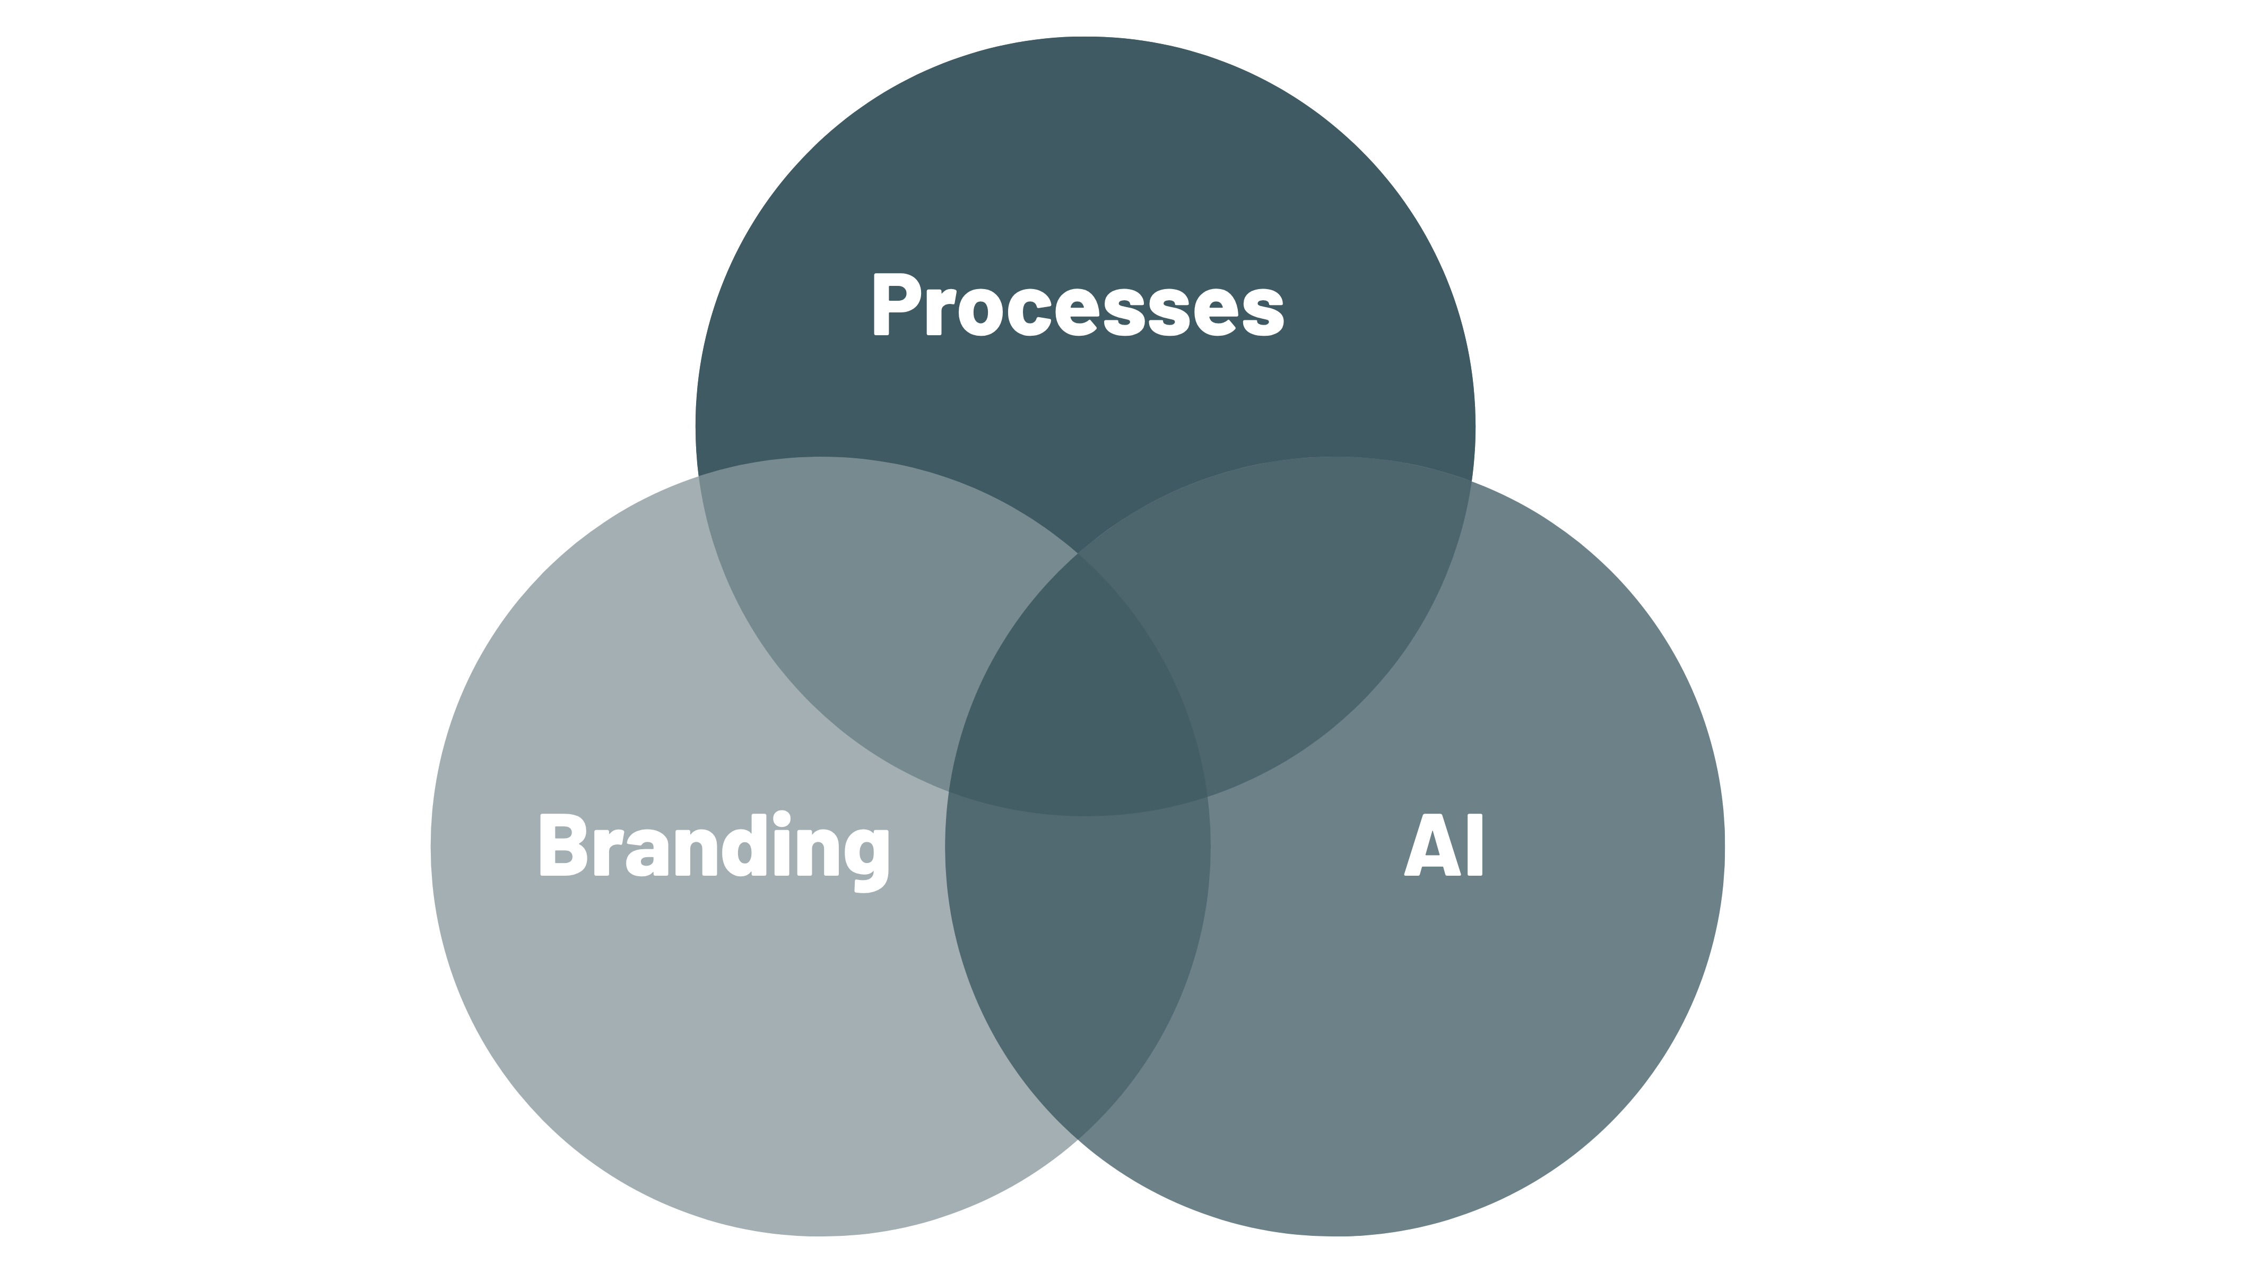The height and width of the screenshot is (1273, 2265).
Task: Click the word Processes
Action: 1077,306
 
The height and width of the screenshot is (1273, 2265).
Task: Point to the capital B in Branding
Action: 563,845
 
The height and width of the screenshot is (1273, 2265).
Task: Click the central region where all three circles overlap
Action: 1078,703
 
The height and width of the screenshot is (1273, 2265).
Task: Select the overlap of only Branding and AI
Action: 1078,949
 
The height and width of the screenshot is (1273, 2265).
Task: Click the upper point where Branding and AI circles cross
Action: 1078,554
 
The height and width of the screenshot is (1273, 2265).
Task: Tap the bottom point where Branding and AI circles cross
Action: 1078,1138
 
